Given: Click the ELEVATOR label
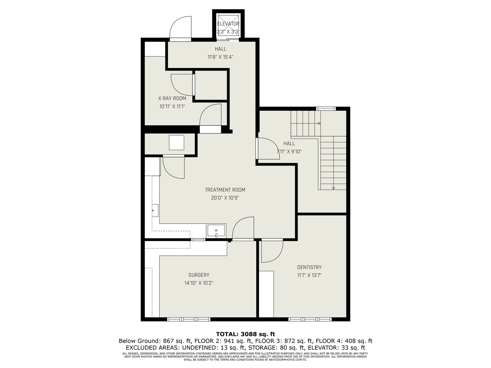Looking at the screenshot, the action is coord(228,24).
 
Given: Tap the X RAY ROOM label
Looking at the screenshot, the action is coord(172,98).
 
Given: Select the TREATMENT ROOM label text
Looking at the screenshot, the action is coord(225,190).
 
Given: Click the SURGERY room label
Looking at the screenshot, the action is coord(199,275).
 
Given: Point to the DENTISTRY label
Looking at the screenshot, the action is coord(309,267).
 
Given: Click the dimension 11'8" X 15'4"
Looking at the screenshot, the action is coord(220,57).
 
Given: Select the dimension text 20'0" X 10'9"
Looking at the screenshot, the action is coord(225,198).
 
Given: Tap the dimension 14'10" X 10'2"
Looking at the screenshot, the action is coord(199,283).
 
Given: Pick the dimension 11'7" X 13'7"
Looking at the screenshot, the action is coord(309,275).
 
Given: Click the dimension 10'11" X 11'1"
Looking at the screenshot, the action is coord(172,106).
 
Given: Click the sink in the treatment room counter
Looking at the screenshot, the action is coord(216,231).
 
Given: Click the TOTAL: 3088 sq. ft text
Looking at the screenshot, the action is coord(245,334).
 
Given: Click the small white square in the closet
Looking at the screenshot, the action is coord(176,143).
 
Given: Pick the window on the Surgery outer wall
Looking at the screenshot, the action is coord(189,320).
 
